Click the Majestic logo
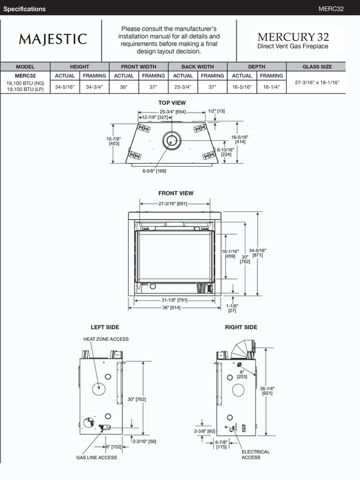(x=53, y=39)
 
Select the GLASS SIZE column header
(x=317, y=67)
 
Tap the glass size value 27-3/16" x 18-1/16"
(x=317, y=83)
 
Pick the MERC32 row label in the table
(x=25, y=75)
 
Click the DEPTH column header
(x=257, y=67)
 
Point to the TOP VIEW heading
(x=172, y=103)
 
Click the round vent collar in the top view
(x=171, y=140)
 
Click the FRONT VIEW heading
(x=176, y=193)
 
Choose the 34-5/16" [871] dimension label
(x=257, y=252)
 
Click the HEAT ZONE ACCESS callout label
(x=106, y=339)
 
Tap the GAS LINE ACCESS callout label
(x=96, y=457)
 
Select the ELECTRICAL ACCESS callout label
(x=255, y=455)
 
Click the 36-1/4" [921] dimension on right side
(x=268, y=390)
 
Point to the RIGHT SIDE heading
(x=241, y=327)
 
